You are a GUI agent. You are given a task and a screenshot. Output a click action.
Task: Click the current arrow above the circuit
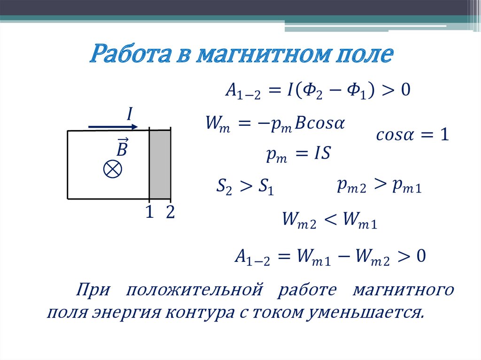coord(113,126)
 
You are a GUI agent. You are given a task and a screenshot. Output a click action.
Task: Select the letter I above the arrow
coord(129,114)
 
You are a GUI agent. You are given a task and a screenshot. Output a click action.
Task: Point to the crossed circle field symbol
coord(113,169)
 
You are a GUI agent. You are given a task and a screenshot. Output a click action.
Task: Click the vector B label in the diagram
coord(122,147)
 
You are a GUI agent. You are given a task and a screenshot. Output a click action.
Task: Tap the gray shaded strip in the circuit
coord(160,165)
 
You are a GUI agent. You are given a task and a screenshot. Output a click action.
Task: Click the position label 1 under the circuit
coord(149,213)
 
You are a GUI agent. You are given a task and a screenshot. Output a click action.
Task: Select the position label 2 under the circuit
coord(170,213)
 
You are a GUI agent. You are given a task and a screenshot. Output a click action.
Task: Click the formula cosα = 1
coord(412,136)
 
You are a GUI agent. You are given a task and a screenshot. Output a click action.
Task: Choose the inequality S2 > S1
coord(245,186)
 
